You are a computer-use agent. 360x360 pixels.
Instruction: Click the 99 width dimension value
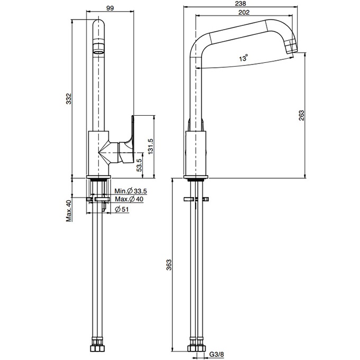(x=110, y=8)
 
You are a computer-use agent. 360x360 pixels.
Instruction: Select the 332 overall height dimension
(x=69, y=98)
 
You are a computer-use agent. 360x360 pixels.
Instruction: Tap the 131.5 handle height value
(x=150, y=146)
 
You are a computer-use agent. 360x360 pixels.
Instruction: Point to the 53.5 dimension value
(x=139, y=165)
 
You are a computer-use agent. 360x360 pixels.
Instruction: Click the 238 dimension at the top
(x=241, y=4)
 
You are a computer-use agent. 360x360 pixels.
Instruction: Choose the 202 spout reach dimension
(x=244, y=12)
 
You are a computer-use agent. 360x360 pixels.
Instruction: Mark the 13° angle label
(x=244, y=58)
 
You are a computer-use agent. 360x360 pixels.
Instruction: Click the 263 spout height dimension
(x=301, y=115)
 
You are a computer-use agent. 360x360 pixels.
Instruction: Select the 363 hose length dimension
(x=169, y=265)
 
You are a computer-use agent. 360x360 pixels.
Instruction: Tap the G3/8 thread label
(x=216, y=354)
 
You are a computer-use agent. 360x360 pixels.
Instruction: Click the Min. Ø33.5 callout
(x=131, y=191)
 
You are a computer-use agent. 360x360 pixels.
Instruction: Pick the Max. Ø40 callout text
(x=129, y=199)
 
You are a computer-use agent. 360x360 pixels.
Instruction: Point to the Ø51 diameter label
(x=122, y=209)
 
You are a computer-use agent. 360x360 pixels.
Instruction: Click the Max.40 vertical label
(x=69, y=211)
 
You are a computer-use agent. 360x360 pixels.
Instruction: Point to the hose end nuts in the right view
(x=196, y=346)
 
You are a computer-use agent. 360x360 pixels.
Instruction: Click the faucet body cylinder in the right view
(x=196, y=153)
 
